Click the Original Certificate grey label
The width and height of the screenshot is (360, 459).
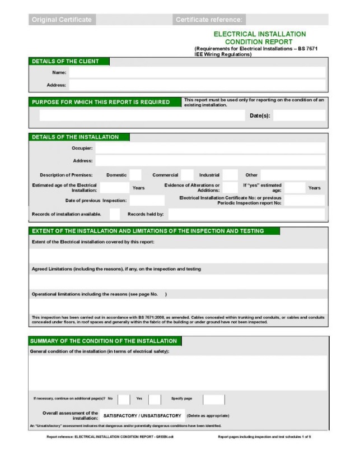[x=62, y=20]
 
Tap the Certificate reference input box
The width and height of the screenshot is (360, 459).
[x=287, y=20]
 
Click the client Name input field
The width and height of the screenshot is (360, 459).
[x=197, y=72]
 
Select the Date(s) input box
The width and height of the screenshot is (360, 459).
[x=298, y=115]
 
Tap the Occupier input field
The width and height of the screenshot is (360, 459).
[x=210, y=148]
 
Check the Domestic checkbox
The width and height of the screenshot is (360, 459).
[x=135, y=175]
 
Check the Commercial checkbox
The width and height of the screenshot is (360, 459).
[x=187, y=175]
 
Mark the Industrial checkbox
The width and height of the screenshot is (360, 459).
[x=230, y=175]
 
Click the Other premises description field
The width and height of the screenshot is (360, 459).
[x=292, y=175]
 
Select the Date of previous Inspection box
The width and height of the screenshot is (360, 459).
[x=147, y=200]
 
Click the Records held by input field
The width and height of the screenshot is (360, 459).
[x=246, y=214]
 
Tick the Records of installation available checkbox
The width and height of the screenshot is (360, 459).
[x=115, y=214]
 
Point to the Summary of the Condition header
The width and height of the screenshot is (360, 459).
[x=104, y=341]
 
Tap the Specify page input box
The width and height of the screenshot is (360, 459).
[x=213, y=399]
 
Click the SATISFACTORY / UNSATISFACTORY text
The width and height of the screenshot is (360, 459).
[x=142, y=416]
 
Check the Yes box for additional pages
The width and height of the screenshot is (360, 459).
[x=155, y=399]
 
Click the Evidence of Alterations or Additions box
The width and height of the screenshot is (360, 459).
[x=230, y=187]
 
